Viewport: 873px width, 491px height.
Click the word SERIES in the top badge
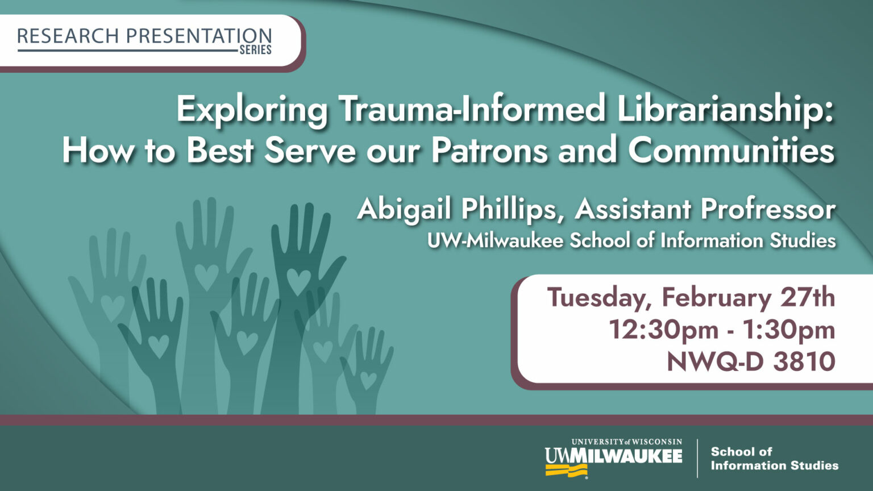(x=255, y=50)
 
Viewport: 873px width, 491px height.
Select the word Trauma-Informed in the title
(x=472, y=109)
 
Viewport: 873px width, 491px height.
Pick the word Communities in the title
(x=731, y=151)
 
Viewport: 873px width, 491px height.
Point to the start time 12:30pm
(x=663, y=329)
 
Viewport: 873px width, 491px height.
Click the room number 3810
(x=804, y=361)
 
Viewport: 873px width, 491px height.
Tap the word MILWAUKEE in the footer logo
(x=629, y=456)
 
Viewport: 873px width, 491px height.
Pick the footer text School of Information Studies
(x=774, y=459)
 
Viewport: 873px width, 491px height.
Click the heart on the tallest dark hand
(x=298, y=281)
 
